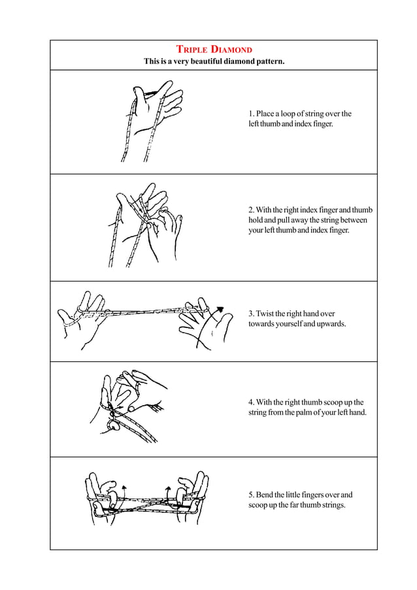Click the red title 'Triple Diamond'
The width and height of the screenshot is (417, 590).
pyautogui.click(x=214, y=50)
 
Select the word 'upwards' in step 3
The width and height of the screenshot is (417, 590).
pyautogui.click(x=331, y=324)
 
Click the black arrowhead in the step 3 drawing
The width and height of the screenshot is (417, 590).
pyautogui.click(x=220, y=309)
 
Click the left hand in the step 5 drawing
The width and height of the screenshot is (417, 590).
pyautogui.click(x=105, y=497)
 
